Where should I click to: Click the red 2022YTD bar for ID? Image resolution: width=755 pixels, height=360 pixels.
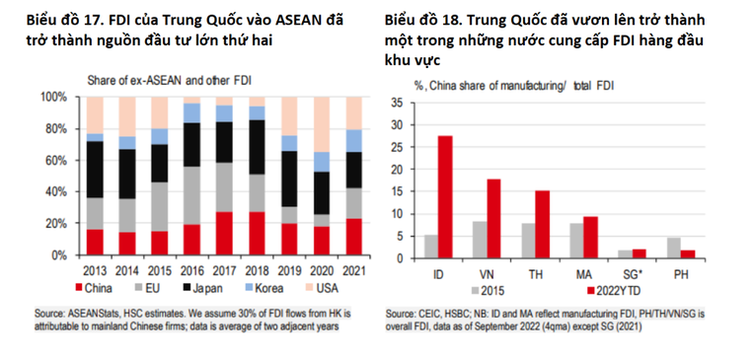[444, 196]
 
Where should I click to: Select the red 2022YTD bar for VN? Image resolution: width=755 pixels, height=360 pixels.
[493, 218]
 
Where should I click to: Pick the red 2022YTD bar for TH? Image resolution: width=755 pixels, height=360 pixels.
[543, 224]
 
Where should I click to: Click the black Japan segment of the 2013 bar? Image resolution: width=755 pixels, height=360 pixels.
[95, 169]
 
